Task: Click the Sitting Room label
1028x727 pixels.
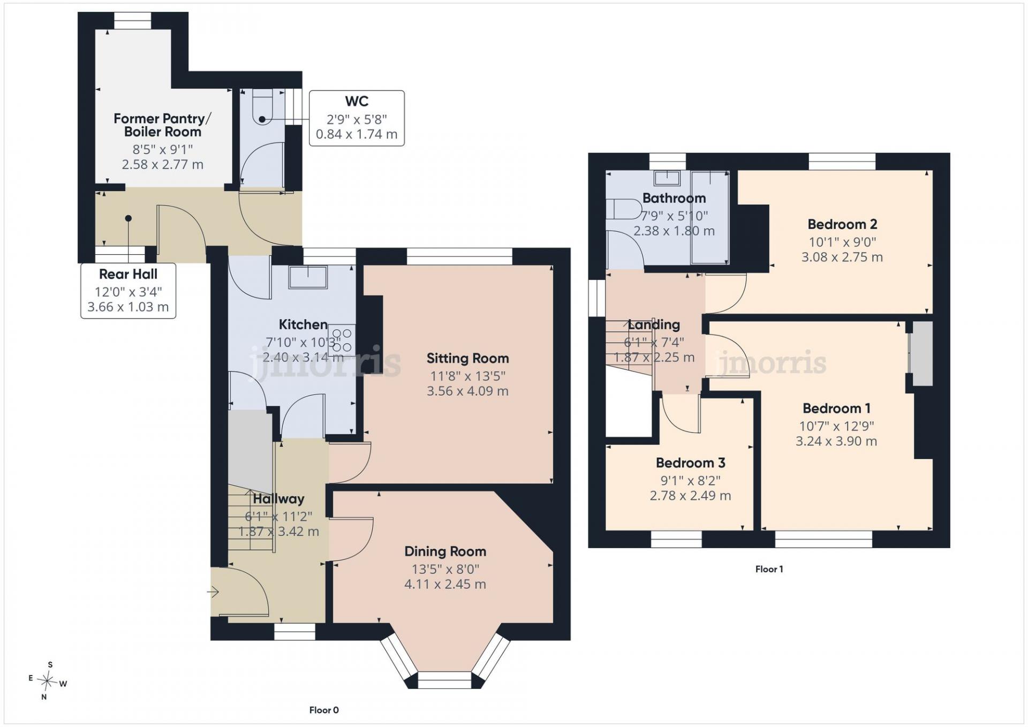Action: click(467, 358)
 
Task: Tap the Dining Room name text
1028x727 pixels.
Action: click(445, 551)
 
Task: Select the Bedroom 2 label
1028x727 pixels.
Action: click(842, 224)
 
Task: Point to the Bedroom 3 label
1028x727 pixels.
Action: click(690, 463)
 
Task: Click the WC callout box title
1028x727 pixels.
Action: click(357, 101)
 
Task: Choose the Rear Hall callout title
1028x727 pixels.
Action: click(128, 274)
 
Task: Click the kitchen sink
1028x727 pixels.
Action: click(308, 277)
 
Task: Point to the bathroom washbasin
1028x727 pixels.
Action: click(667, 177)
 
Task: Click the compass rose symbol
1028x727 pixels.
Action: click(48, 681)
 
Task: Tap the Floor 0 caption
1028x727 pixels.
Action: click(324, 710)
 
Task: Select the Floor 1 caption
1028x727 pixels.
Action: click(769, 569)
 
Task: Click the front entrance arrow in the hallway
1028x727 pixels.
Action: click(213, 592)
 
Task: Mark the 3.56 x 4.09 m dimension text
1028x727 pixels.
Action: click(467, 391)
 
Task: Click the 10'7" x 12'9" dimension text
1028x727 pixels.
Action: click(836, 426)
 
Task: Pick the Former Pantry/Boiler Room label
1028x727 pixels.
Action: click(162, 125)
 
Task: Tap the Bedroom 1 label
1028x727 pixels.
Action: click(836, 408)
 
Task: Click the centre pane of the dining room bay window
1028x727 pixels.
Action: click(444, 680)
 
